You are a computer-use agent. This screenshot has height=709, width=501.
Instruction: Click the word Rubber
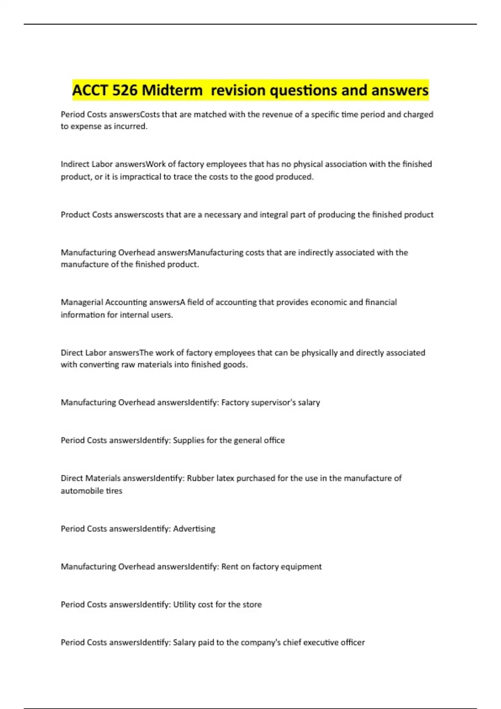tap(200, 478)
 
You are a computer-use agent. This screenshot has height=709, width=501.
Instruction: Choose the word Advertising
tap(194, 529)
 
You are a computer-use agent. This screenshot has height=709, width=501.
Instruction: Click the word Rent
tap(230, 567)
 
